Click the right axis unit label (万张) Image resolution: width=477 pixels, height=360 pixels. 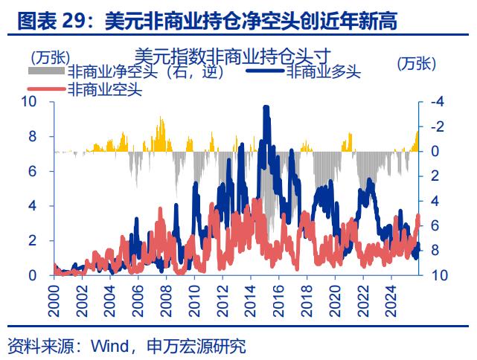416,64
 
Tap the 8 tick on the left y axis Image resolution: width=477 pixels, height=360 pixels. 33,137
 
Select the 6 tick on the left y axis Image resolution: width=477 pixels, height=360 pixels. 33,171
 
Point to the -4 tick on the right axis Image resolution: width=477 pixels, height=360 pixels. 438,102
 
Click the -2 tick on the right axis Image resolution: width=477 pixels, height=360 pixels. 438,126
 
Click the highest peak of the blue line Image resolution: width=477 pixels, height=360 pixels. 266,108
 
